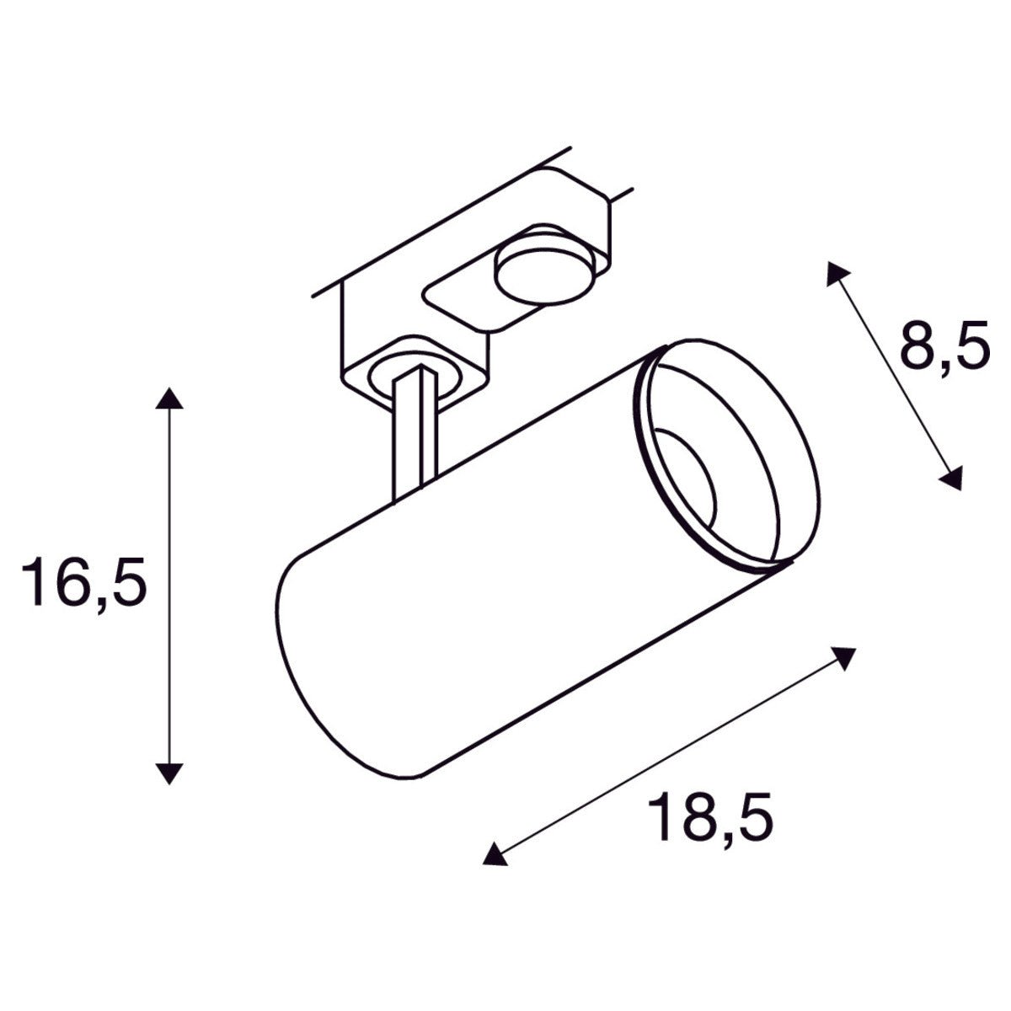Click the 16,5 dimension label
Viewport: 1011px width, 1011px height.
tap(84, 581)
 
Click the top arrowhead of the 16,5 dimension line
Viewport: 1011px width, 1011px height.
tap(169, 398)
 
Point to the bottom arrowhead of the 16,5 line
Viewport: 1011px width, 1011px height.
tap(169, 773)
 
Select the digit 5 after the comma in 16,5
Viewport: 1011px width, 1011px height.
tap(126, 581)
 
